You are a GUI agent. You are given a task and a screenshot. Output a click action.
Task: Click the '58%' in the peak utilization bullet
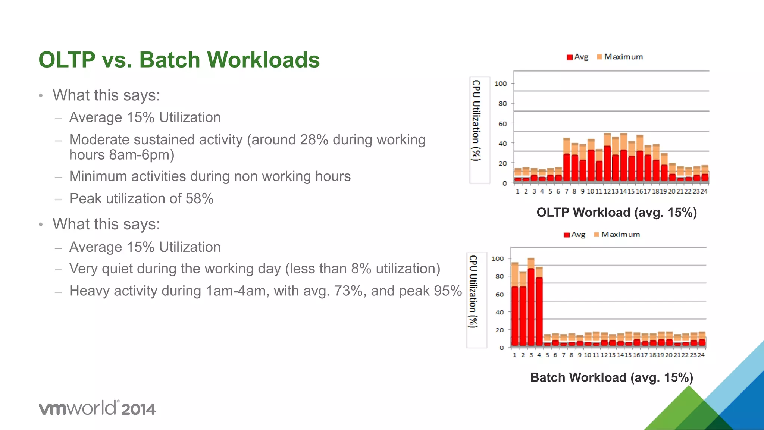click(x=200, y=199)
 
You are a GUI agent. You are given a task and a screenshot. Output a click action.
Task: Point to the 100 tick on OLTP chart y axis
click(x=500, y=84)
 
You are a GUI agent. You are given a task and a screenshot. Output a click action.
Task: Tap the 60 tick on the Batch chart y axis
click(x=499, y=294)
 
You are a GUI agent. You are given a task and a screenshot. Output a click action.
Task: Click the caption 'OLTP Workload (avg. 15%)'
click(x=616, y=213)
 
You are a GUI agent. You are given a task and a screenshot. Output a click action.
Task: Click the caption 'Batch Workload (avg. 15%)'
click(x=611, y=377)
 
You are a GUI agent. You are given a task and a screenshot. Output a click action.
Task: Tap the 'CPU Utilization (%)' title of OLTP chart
click(x=476, y=120)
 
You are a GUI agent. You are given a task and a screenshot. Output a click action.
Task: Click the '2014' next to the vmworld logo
click(x=138, y=409)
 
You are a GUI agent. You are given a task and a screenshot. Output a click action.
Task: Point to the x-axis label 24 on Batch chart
click(x=701, y=355)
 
